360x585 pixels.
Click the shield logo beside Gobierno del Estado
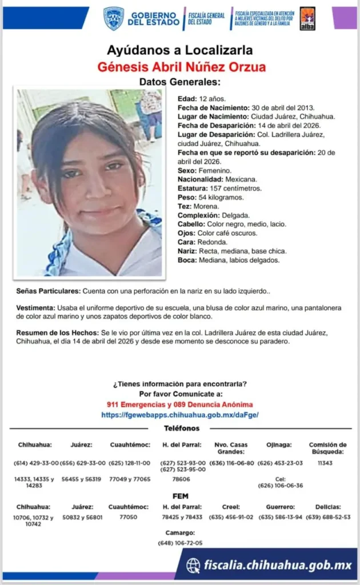coord(114,18)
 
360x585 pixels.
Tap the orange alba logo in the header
coord(307,18)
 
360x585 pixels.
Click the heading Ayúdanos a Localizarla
coord(179,50)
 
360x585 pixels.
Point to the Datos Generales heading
coord(179,82)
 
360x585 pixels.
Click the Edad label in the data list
coord(187,98)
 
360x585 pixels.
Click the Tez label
coord(184,206)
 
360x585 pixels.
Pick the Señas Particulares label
coord(49,291)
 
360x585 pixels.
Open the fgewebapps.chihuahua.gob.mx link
coord(179,415)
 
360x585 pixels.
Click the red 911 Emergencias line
coord(179,404)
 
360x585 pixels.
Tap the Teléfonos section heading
coord(182,428)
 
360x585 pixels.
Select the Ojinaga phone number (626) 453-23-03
coord(280,463)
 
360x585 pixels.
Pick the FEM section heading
coord(180,496)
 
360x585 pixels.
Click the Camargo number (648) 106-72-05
coord(180,543)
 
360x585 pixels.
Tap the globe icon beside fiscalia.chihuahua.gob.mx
coord(193,565)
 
